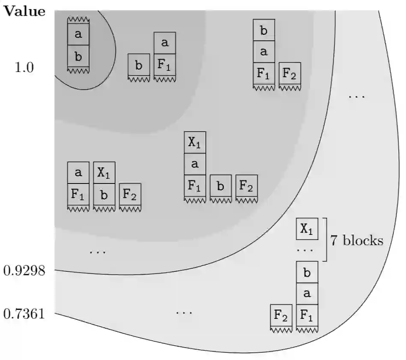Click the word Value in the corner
[x=24, y=12]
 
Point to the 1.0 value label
[x=24, y=67]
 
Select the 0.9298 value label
[x=24, y=270]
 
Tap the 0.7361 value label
[x=24, y=314]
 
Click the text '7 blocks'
[x=356, y=240]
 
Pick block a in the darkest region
[x=78, y=35]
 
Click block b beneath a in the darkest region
[x=78, y=57]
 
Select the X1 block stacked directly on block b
[x=104, y=173]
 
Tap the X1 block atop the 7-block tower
[x=307, y=229]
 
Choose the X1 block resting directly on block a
[x=195, y=143]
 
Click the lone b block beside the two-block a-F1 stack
[x=139, y=66]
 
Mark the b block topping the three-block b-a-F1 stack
[x=264, y=30]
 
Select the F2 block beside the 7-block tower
[x=281, y=316]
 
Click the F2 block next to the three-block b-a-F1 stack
[x=290, y=74]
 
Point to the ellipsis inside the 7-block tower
[x=307, y=250]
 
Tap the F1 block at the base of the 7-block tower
[x=307, y=316]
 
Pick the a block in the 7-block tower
[x=307, y=294]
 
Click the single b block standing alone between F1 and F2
[x=221, y=186]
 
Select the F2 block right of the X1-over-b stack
[x=130, y=194]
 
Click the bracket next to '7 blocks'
[x=325, y=240]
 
